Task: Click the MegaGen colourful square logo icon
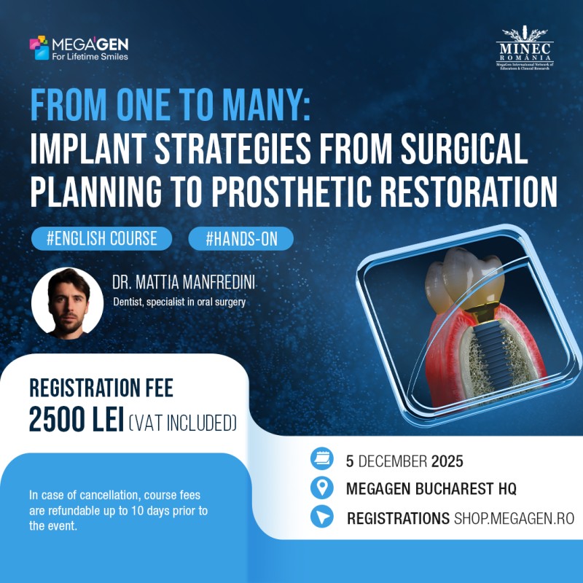coord(39,47)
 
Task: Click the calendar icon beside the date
coord(321,459)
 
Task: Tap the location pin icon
coord(321,488)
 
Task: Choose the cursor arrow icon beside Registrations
coord(321,517)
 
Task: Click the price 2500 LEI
coord(76,421)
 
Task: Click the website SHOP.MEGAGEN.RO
coord(514,518)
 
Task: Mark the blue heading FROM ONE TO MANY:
coord(171,108)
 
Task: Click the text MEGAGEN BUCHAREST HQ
coord(431,489)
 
